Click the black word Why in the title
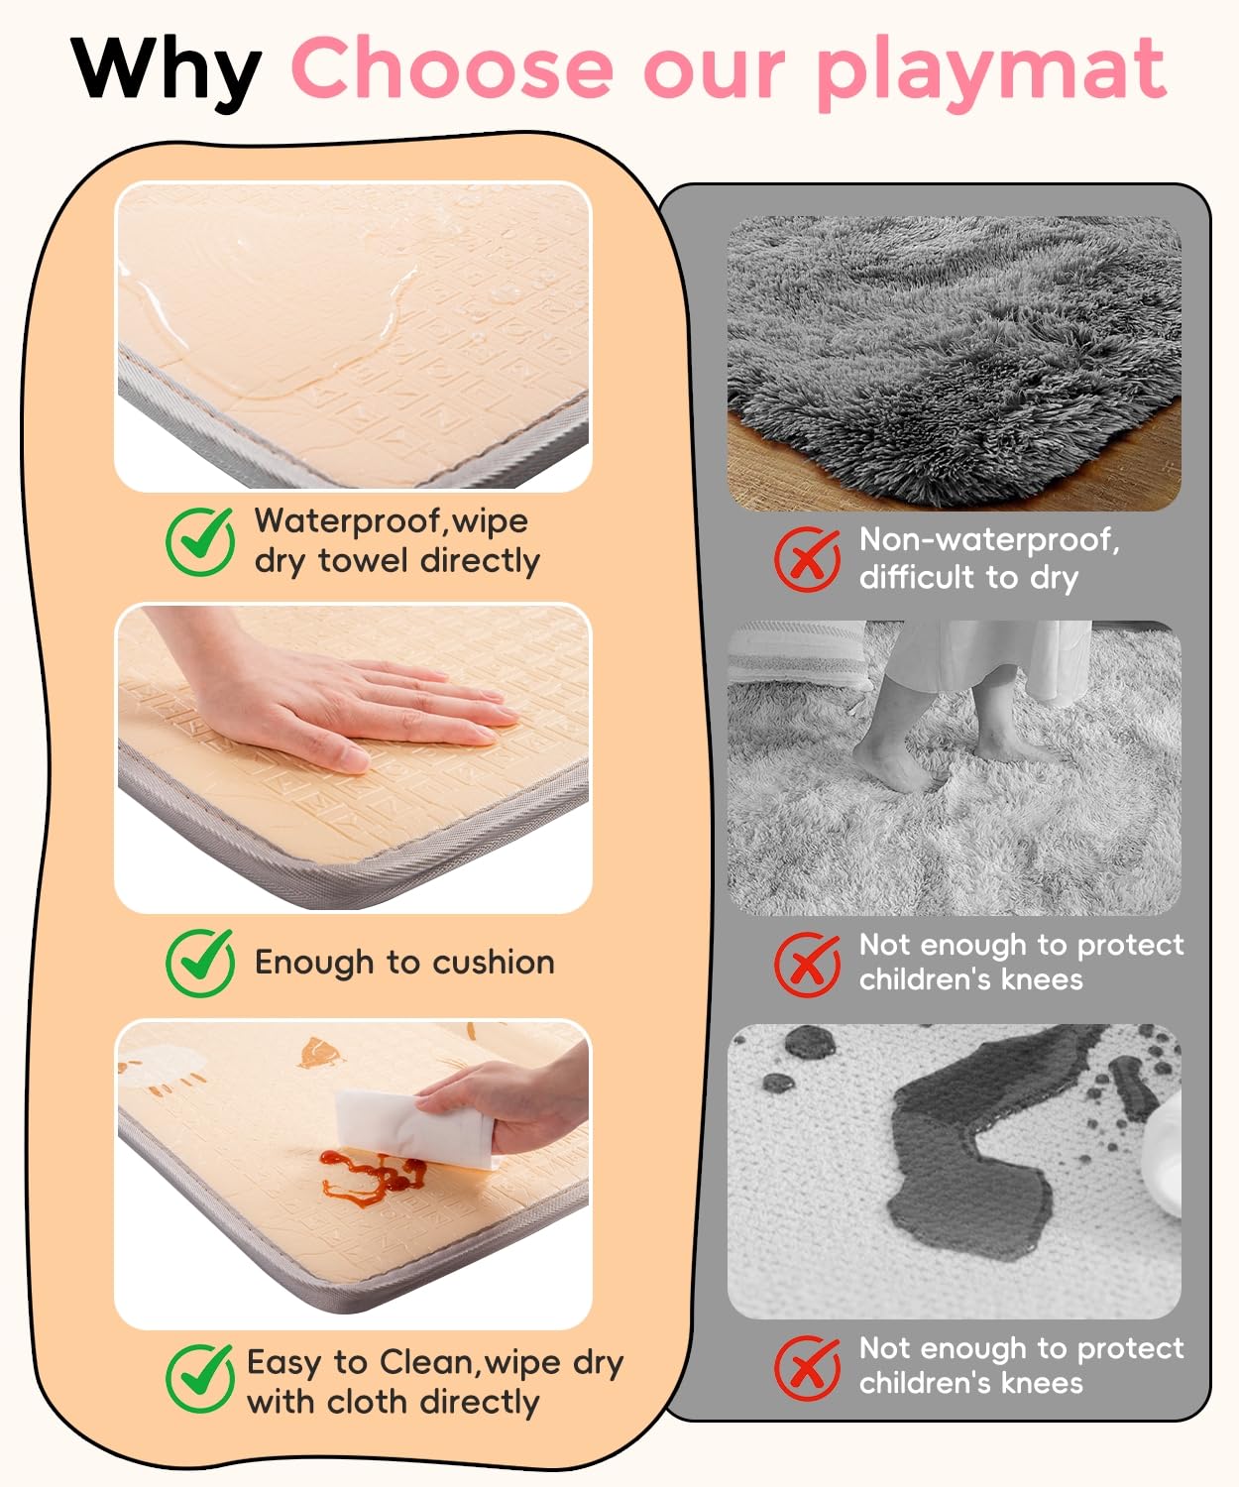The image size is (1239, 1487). click(167, 72)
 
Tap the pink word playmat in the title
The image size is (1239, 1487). click(991, 72)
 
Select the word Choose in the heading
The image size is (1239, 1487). click(452, 67)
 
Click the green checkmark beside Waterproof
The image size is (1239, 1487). click(200, 541)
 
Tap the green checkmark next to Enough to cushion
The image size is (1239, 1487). click(200, 963)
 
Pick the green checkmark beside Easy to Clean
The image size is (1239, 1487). click(200, 1379)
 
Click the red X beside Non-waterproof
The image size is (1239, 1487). click(808, 559)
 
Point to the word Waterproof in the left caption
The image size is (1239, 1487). click(350, 522)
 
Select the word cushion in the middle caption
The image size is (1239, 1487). click(494, 963)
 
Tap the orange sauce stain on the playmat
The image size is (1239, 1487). click(372, 1176)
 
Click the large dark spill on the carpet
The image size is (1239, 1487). click(975, 1168)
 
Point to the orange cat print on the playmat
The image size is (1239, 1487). click(318, 1053)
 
